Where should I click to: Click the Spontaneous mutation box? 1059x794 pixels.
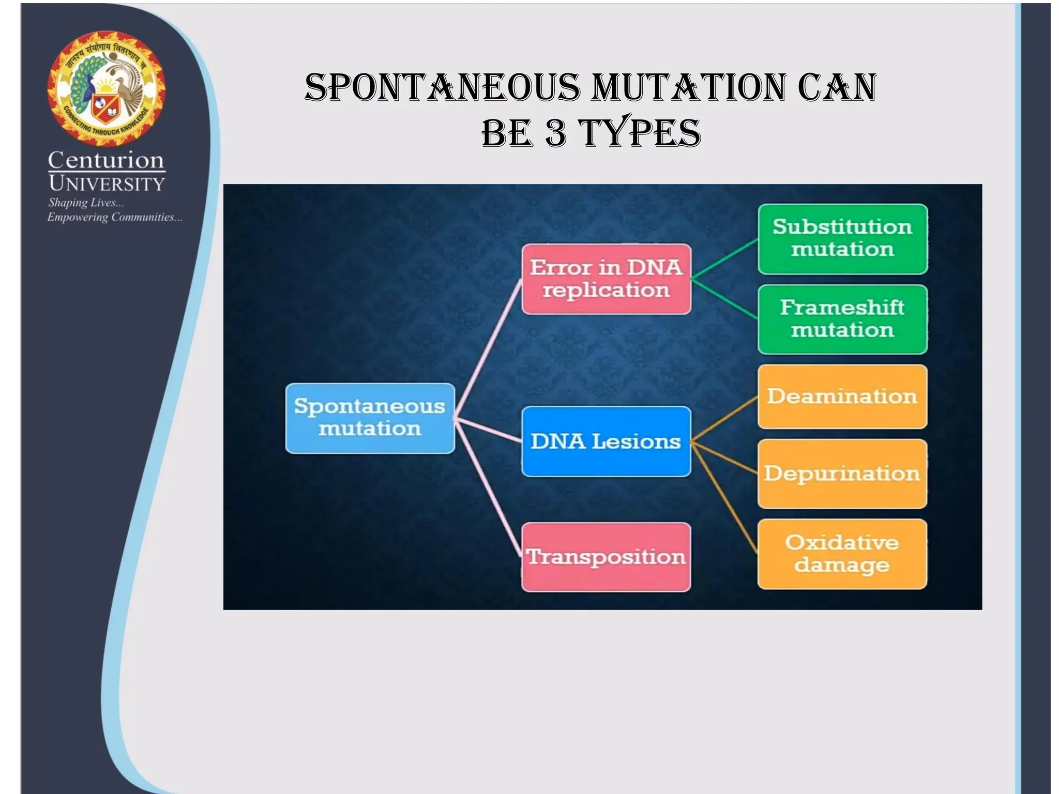pyautogui.click(x=370, y=418)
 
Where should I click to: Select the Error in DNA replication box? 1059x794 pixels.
pyautogui.click(x=606, y=279)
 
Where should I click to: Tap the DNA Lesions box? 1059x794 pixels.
pyautogui.click(x=606, y=441)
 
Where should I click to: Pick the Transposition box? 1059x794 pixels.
pyautogui.click(x=606, y=557)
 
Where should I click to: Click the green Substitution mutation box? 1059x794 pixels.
pyautogui.click(x=842, y=239)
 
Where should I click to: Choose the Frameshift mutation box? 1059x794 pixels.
pyautogui.click(x=842, y=319)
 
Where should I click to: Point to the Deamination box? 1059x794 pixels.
pyautogui.click(x=842, y=396)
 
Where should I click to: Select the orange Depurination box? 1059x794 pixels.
pyautogui.click(x=842, y=474)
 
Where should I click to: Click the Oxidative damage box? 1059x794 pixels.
pyautogui.click(x=842, y=554)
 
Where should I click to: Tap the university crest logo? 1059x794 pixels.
pyautogui.click(x=107, y=86)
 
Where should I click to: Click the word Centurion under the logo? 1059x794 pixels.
pyautogui.click(x=107, y=160)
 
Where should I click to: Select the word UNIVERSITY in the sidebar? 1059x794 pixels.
pyautogui.click(x=107, y=184)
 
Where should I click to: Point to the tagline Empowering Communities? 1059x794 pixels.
pyautogui.click(x=114, y=217)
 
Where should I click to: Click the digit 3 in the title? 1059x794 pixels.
pyautogui.click(x=555, y=132)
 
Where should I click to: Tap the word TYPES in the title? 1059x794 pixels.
pyautogui.click(x=640, y=132)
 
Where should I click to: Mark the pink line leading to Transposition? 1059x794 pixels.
pyautogui.click(x=489, y=488)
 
